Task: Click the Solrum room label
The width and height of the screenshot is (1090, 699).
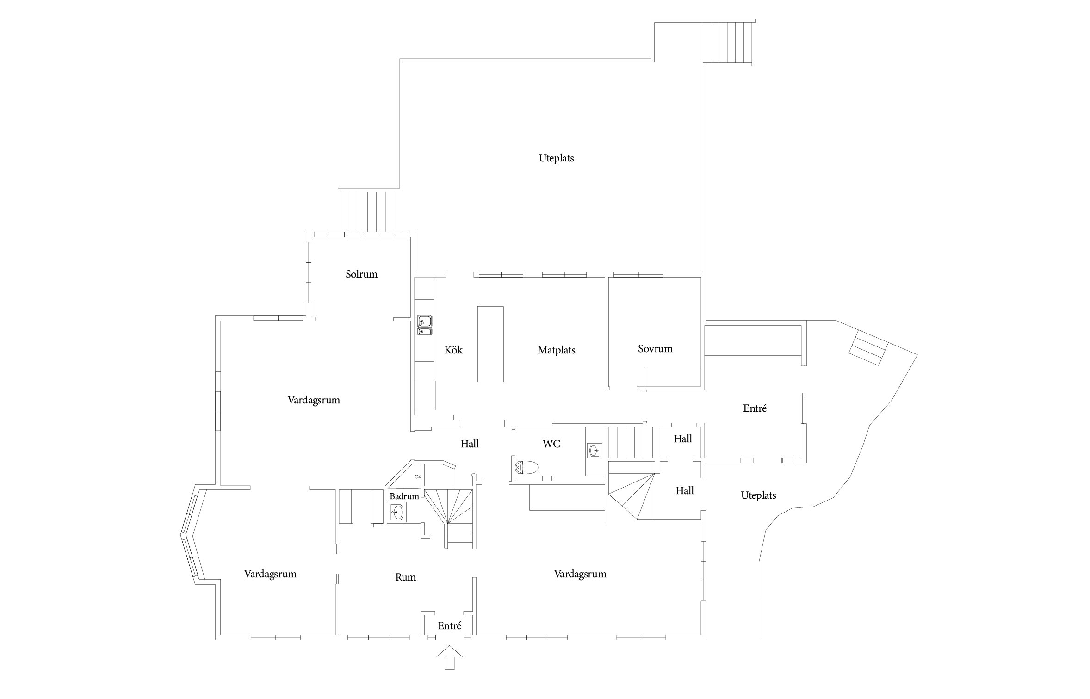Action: click(361, 274)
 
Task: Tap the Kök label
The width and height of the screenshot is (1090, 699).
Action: click(453, 350)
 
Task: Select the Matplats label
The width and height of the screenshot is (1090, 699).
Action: click(556, 351)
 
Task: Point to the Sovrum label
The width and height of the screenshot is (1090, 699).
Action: click(655, 349)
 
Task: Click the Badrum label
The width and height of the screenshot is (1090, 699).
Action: click(404, 496)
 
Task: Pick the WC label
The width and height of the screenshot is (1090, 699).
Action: click(551, 444)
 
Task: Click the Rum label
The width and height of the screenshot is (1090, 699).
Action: click(405, 577)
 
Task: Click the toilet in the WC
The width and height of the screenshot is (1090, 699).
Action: click(526, 467)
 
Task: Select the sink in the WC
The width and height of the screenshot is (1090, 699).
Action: click(595, 450)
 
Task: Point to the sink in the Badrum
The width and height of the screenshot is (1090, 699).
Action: click(396, 512)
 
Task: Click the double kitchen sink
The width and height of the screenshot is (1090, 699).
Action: click(425, 325)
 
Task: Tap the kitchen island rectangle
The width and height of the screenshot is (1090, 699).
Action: click(490, 344)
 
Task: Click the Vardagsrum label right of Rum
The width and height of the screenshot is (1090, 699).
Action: click(580, 574)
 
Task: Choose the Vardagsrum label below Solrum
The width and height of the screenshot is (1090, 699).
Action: click(314, 400)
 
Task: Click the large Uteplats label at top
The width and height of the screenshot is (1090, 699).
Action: click(556, 158)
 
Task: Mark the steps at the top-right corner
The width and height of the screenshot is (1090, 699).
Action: click(728, 42)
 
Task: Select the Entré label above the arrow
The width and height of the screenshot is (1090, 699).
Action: click(449, 626)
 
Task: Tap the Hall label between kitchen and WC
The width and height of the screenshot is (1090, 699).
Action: click(469, 444)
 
